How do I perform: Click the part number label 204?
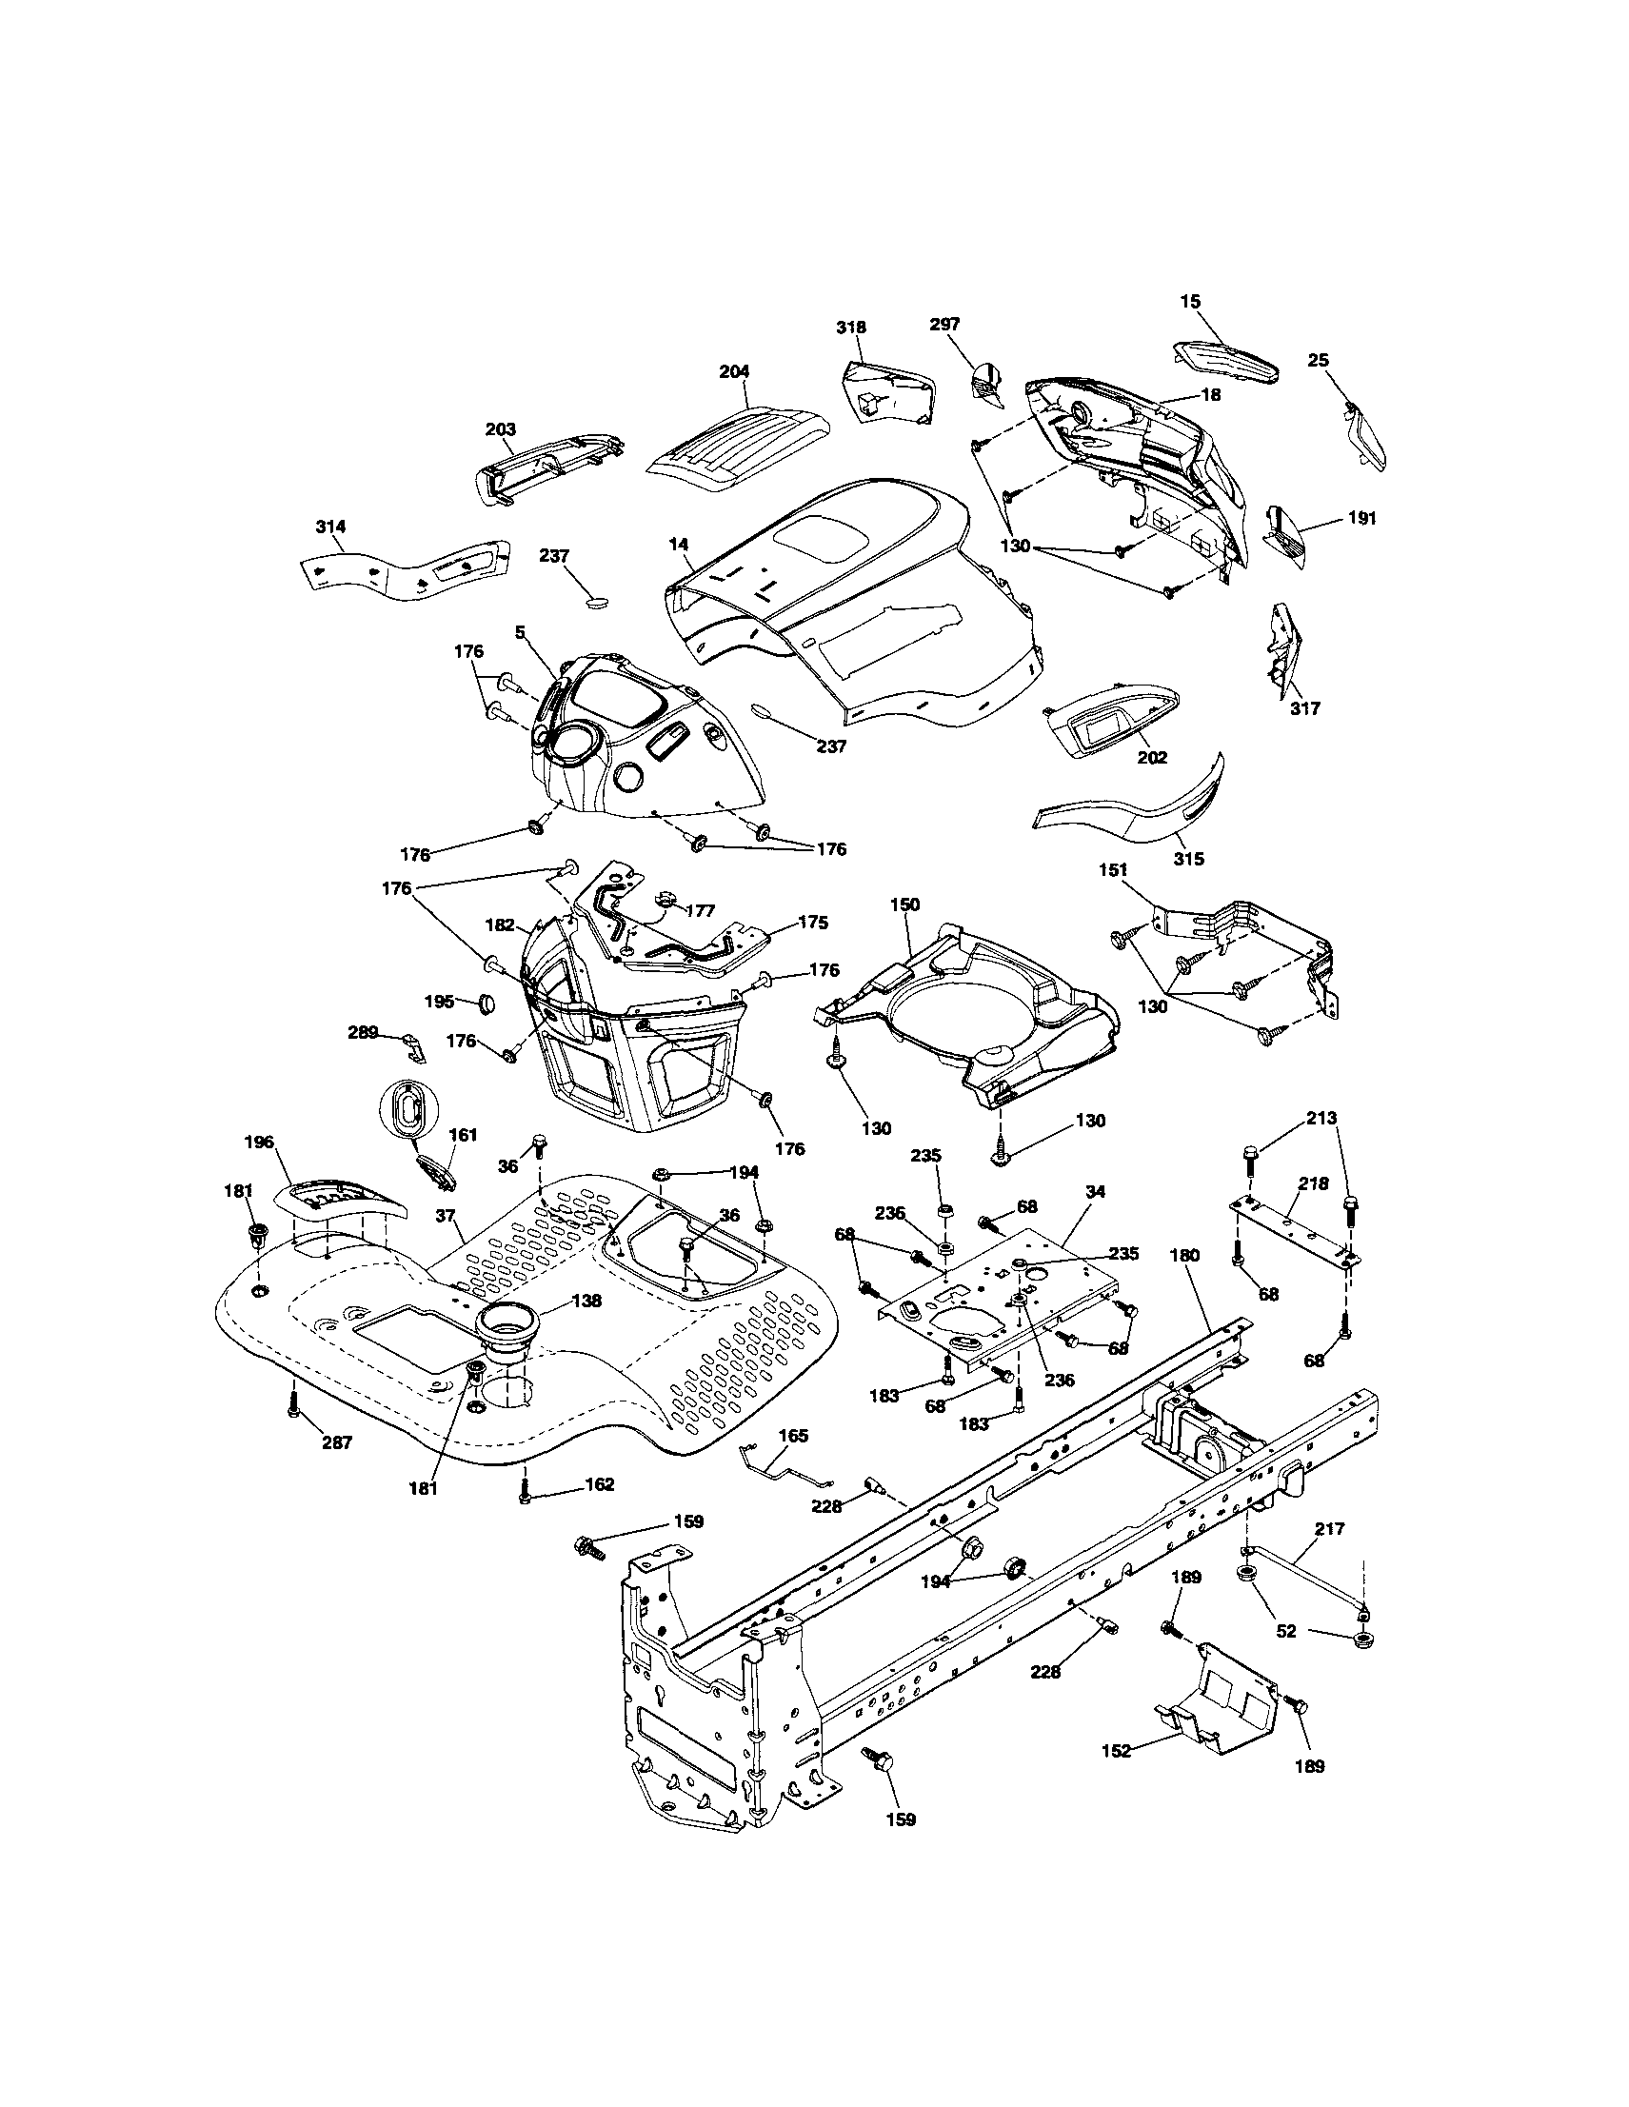coord(734,372)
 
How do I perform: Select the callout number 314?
coord(330,527)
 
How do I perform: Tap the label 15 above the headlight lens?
coord(1190,302)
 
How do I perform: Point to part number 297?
coord(944,325)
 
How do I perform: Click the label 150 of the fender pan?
coord(904,904)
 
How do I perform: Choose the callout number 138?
coord(586,1301)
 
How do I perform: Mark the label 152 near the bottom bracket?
coord(1115,1751)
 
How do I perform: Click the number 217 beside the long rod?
coord(1329,1529)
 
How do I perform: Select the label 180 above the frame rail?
coord(1184,1255)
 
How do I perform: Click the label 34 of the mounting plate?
coord(1094,1192)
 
